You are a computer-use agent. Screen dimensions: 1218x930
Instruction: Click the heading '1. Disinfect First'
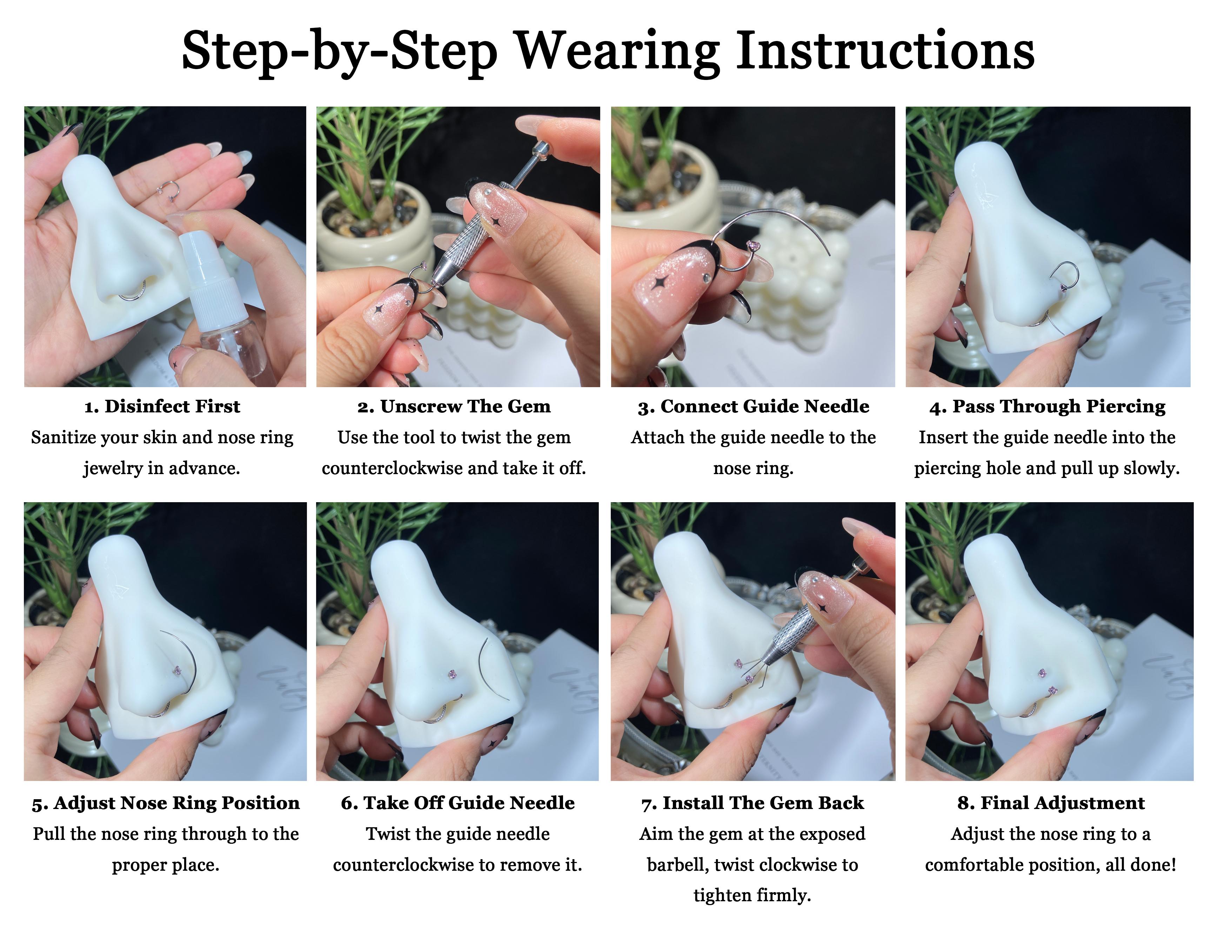(162, 406)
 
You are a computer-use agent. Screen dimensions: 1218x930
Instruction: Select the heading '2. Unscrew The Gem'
(454, 406)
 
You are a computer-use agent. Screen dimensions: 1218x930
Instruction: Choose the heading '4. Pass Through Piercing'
(1048, 406)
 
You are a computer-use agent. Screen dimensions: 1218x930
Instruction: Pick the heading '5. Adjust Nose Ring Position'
(166, 803)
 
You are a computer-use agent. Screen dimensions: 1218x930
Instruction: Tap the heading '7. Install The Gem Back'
(752, 803)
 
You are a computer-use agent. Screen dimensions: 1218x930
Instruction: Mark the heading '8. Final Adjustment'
(1051, 803)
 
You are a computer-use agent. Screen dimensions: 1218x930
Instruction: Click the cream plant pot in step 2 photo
(376, 232)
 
